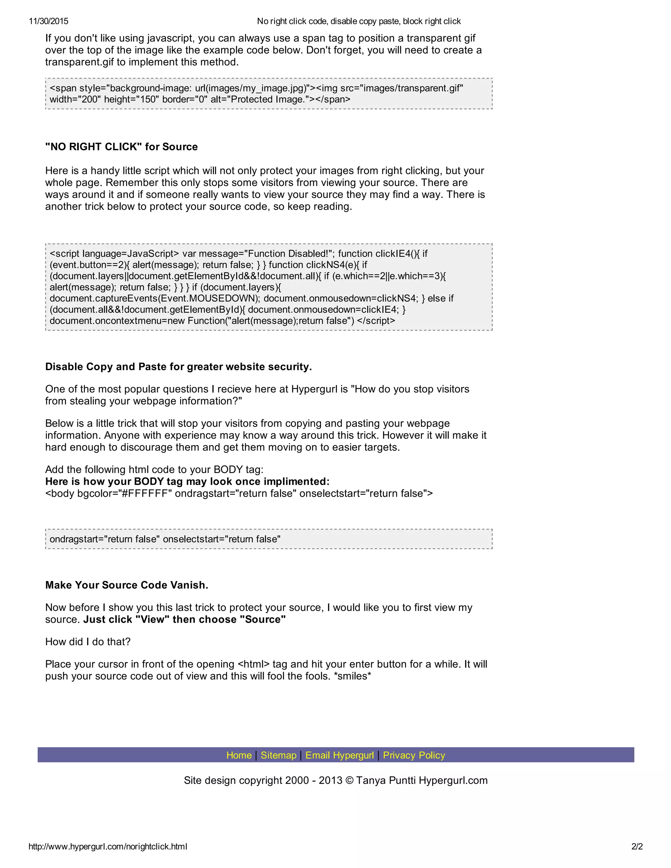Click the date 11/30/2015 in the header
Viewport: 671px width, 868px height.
tap(48, 21)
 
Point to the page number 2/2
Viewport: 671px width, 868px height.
tap(637, 846)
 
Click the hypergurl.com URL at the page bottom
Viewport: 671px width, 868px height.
tap(108, 846)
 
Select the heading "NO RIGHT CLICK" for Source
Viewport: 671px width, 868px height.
tap(121, 147)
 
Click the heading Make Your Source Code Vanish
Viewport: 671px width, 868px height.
tap(126, 585)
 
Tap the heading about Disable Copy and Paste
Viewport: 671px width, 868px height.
tap(179, 367)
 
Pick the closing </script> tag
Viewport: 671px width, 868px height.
tap(376, 321)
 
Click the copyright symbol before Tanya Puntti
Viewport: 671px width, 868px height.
tap(349, 781)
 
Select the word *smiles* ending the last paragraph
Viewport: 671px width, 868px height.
tap(353, 676)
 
